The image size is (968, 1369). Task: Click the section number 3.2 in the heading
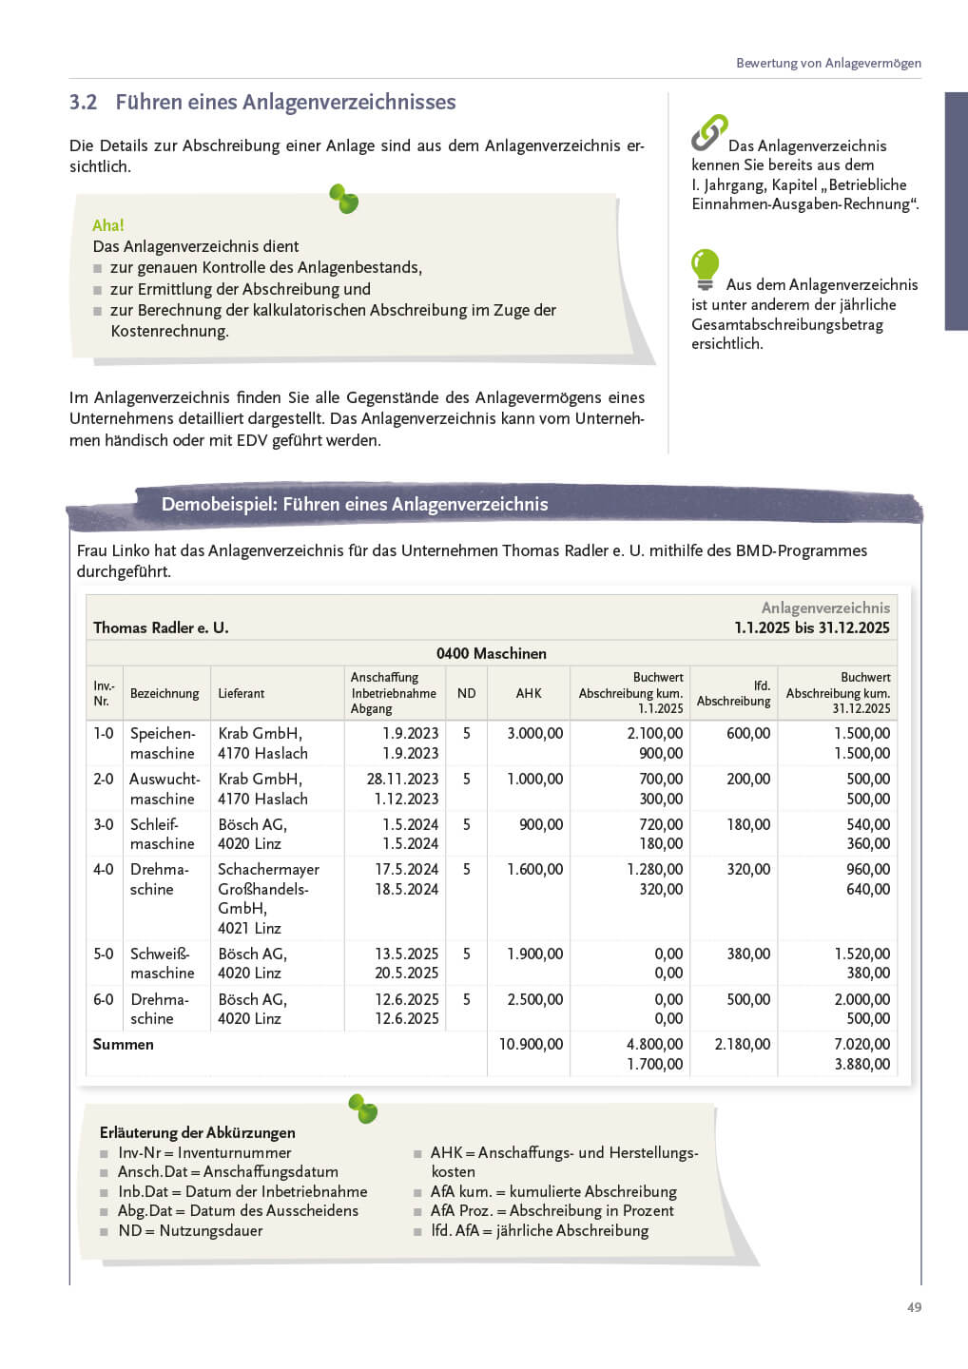coord(84,103)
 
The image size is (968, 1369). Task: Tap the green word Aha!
coord(108,225)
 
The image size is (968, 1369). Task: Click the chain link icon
coord(708,132)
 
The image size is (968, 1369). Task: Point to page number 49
coord(914,1307)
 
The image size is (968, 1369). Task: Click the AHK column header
coord(529,693)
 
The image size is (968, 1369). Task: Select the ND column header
coord(466,693)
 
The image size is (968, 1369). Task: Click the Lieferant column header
coord(241,693)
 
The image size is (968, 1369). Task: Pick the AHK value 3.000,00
coord(534,733)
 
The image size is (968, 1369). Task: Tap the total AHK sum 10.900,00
coord(531,1044)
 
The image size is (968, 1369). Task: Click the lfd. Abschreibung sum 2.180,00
coord(742,1044)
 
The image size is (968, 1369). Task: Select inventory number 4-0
coord(103,869)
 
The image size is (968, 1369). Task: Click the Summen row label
coord(123,1044)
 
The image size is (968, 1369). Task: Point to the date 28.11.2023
coord(402,779)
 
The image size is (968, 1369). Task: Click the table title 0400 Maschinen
coord(491,653)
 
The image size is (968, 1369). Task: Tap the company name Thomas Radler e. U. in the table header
coord(161,627)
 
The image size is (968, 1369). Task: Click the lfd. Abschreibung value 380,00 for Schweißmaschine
coord(748,954)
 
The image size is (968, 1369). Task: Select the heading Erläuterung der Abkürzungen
coord(197,1132)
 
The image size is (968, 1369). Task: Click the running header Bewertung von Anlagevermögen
coord(828,63)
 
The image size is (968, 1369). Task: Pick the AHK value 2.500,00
coord(534,999)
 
